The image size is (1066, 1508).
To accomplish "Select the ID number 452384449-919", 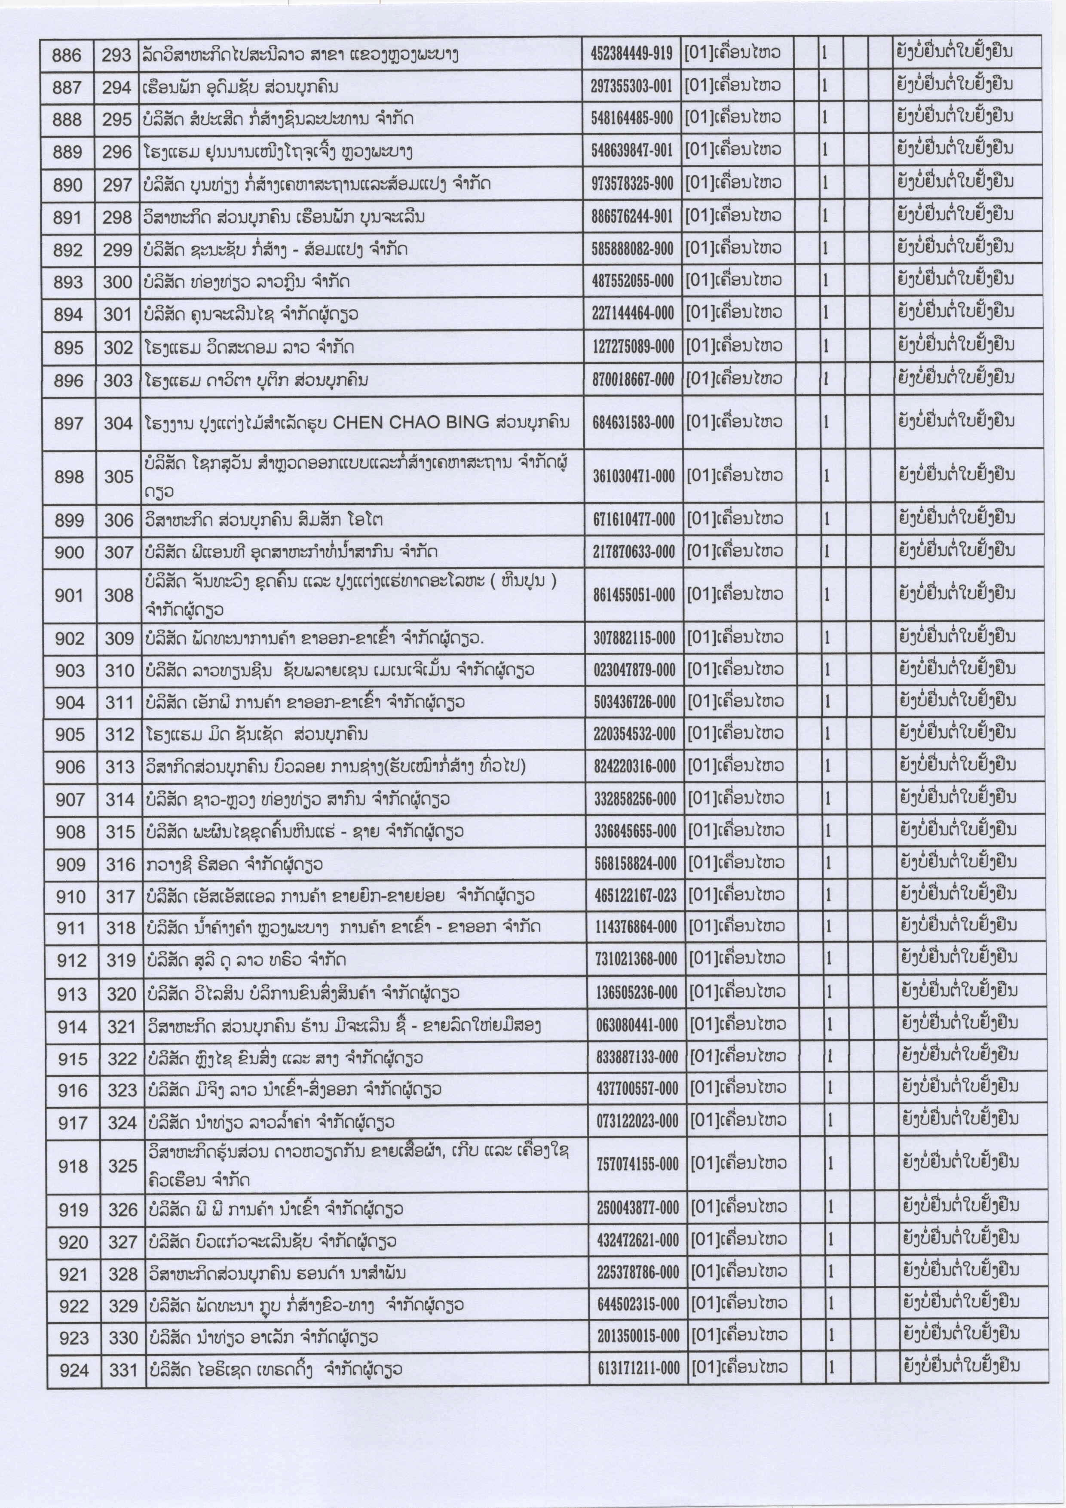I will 631,54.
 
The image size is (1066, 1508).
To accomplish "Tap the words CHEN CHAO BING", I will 411,422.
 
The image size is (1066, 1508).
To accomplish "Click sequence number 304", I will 118,424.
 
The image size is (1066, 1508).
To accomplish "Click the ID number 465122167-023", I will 635,894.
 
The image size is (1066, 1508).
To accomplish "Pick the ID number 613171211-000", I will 638,1368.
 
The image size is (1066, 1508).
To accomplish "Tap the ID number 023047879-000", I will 634,669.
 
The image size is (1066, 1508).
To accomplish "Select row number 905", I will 70,734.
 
